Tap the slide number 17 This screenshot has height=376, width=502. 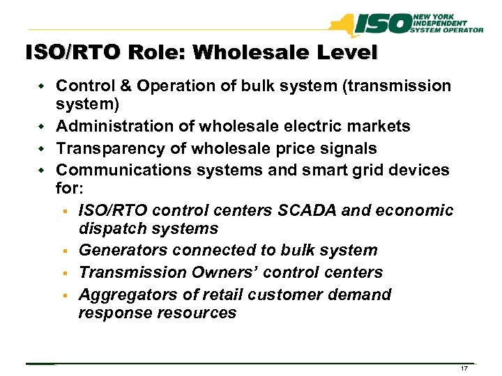tap(463, 368)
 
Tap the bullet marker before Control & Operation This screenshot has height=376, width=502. tap(42, 86)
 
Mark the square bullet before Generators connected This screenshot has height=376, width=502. tap(63, 251)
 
